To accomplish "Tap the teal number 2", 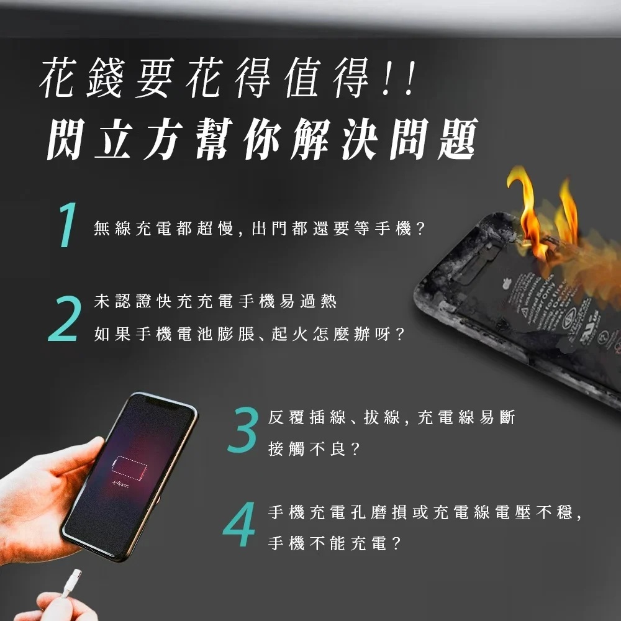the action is pyautogui.click(x=65, y=319).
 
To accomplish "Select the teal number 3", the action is pyautogui.click(x=243, y=430).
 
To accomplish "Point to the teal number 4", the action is pyautogui.click(x=239, y=524).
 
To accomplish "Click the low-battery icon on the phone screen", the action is pyautogui.click(x=129, y=468).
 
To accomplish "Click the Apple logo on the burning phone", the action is pyautogui.click(x=507, y=284).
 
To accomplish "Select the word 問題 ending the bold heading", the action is pyautogui.click(x=433, y=139).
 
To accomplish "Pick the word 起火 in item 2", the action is pyautogui.click(x=289, y=334).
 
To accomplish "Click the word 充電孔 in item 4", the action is pyautogui.click(x=339, y=512).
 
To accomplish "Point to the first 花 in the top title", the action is pyautogui.click(x=58, y=77).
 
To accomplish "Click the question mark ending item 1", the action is pyautogui.click(x=420, y=229).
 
